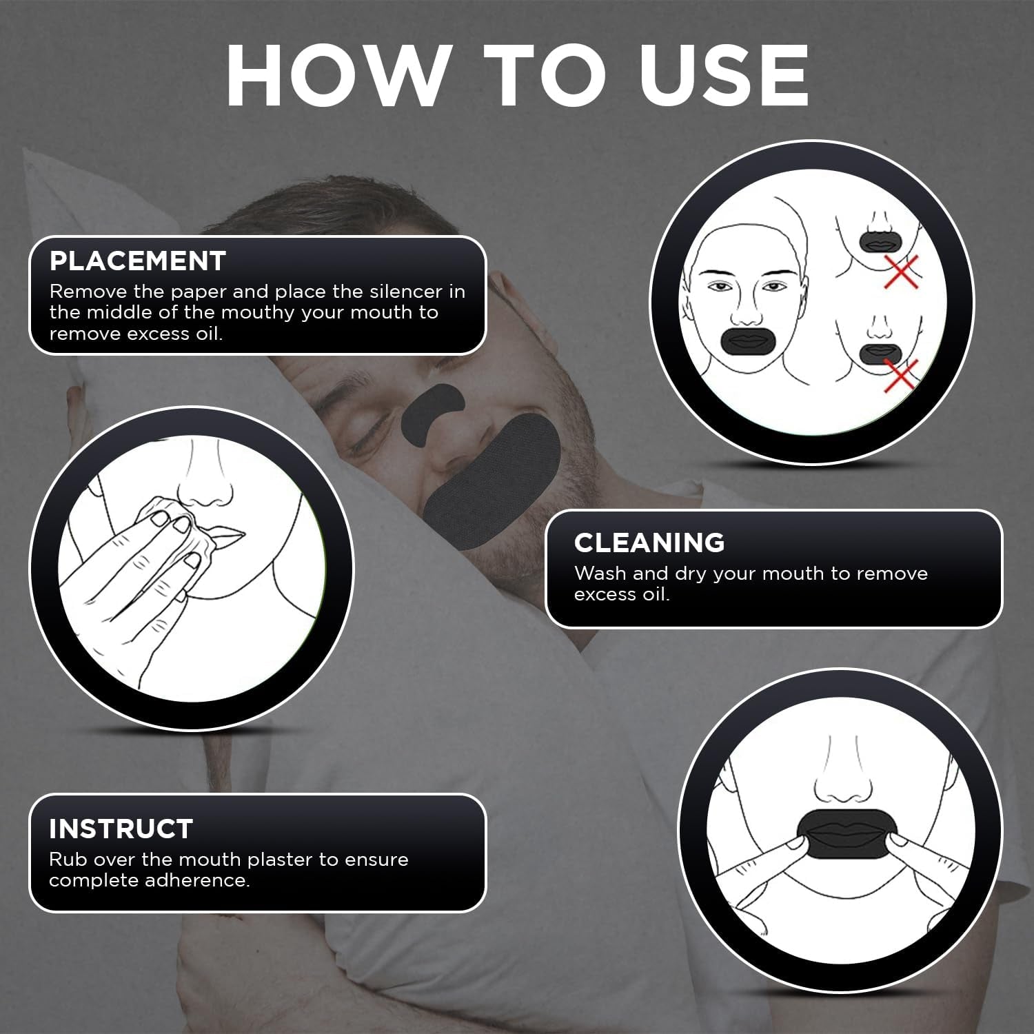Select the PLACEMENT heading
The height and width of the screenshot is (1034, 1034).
(x=138, y=261)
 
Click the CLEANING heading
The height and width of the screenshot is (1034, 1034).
(x=649, y=543)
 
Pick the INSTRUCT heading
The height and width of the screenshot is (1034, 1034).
(x=121, y=829)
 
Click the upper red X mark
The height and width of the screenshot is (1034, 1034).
(x=902, y=272)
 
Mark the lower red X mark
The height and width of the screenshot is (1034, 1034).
(x=901, y=376)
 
